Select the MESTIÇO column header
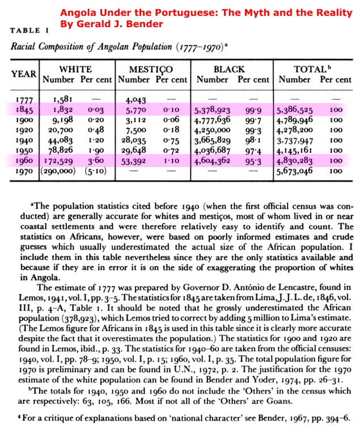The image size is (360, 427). (x=152, y=70)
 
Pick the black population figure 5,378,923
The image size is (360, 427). (x=211, y=110)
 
